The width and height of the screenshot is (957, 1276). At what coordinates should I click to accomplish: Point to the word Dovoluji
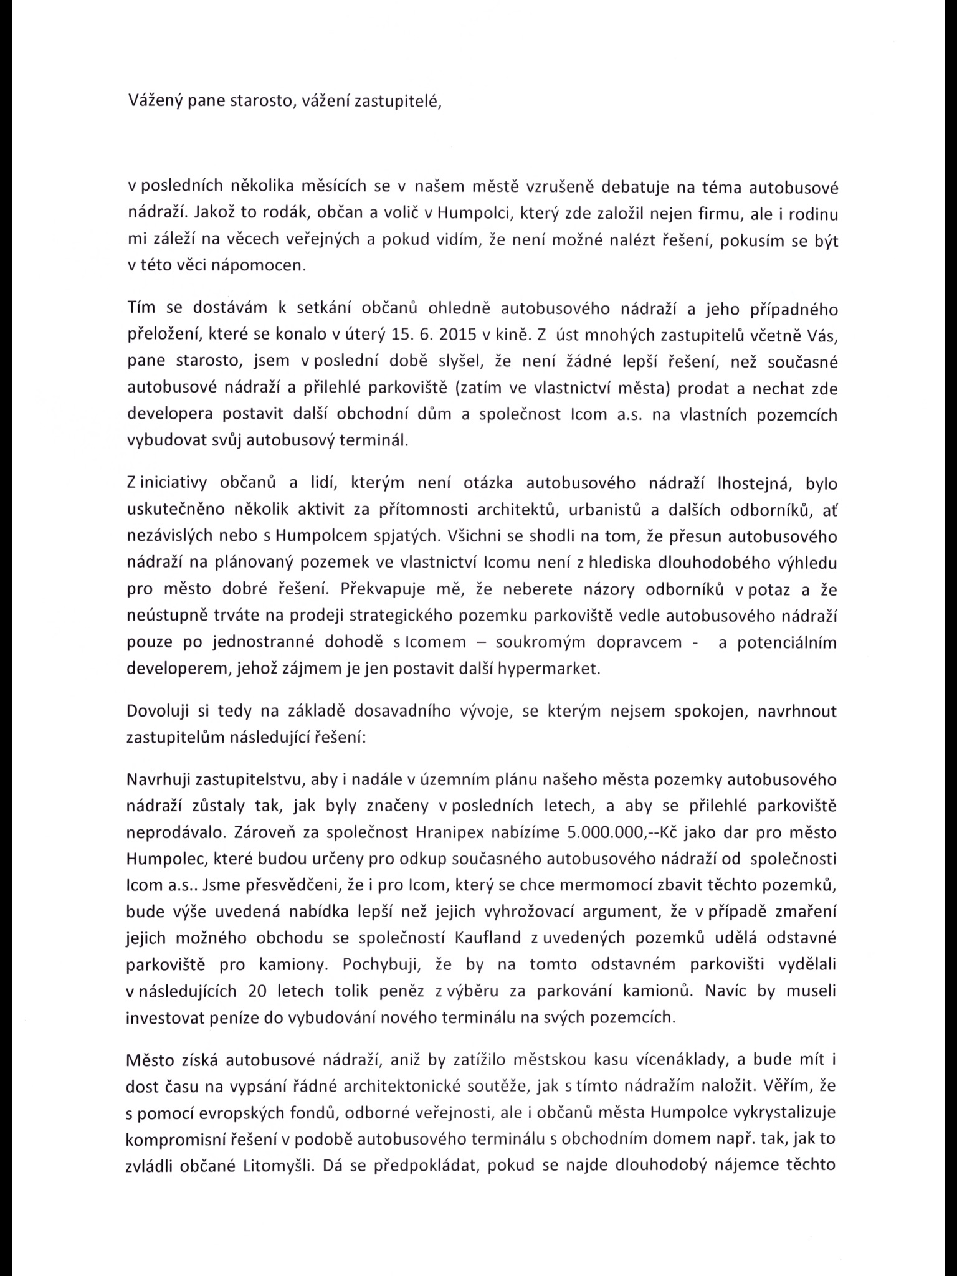[x=159, y=712]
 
